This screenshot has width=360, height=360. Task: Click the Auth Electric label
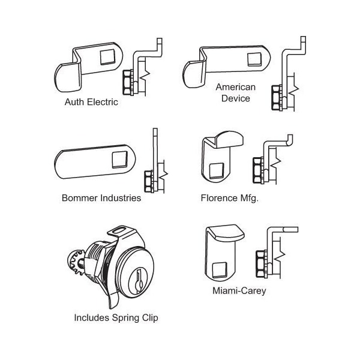coord(91,102)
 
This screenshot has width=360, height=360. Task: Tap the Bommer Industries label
coord(101,198)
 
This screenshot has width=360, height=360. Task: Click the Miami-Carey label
coord(239,292)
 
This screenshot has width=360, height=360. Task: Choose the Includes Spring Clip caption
coord(116,318)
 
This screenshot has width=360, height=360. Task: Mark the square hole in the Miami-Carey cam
coord(221,265)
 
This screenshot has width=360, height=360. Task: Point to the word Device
coord(236,98)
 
